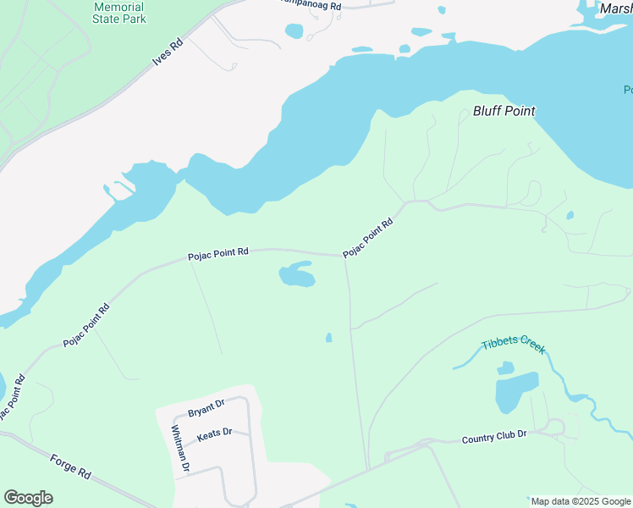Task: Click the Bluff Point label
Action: pyautogui.click(x=504, y=111)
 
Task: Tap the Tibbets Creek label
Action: pyautogui.click(x=514, y=345)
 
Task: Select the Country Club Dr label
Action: pyautogui.click(x=494, y=439)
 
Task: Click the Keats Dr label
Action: pyautogui.click(x=214, y=433)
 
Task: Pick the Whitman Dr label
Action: pyautogui.click(x=180, y=449)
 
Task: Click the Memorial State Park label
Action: pyautogui.click(x=118, y=13)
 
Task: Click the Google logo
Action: pyautogui.click(x=28, y=498)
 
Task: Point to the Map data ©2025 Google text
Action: pyautogui.click(x=581, y=501)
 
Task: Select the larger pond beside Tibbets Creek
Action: pyautogui.click(x=515, y=391)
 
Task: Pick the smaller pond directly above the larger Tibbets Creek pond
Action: pyautogui.click(x=505, y=368)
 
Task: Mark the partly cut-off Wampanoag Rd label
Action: pyautogui.click(x=311, y=5)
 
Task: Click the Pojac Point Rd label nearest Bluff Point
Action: pyautogui.click(x=368, y=239)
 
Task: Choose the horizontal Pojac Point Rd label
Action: pyautogui.click(x=218, y=252)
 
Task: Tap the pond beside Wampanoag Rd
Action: pyautogui.click(x=294, y=31)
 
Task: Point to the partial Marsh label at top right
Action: pyautogui.click(x=615, y=8)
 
